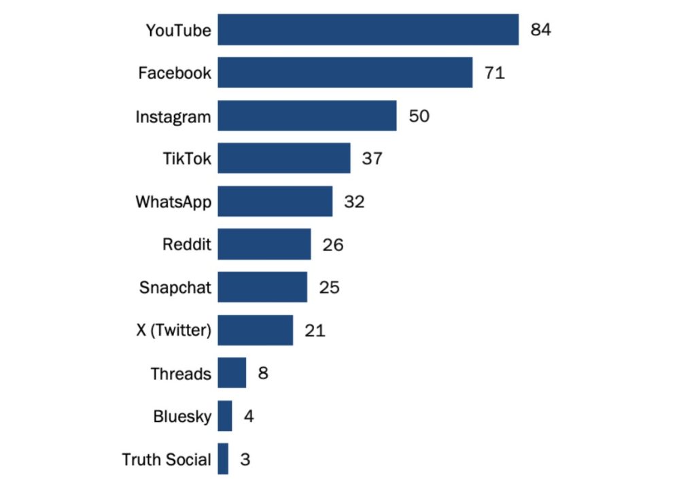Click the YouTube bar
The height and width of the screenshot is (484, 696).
[x=368, y=30]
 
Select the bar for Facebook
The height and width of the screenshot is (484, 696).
[x=345, y=73]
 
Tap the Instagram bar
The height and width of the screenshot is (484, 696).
[x=307, y=116]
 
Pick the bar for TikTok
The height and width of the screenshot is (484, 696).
[x=283, y=158]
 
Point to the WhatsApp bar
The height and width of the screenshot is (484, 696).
[x=275, y=201]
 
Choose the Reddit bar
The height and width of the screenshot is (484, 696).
[x=264, y=244]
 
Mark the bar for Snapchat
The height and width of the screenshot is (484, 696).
[x=262, y=288]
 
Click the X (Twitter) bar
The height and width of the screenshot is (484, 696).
[x=255, y=330]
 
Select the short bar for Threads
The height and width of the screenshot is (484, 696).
[x=232, y=373]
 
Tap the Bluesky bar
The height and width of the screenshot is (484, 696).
[x=225, y=416]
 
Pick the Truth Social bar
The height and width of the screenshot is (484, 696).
[x=223, y=459]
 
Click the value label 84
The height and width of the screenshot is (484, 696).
[x=540, y=30]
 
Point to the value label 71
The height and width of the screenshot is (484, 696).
[x=494, y=73]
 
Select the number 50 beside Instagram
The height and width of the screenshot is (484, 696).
[x=419, y=116]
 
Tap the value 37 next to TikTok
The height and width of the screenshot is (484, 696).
[x=372, y=158]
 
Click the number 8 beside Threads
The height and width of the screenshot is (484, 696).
[x=263, y=373]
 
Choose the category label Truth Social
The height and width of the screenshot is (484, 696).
[x=167, y=460]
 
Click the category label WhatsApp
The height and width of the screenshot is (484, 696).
[x=173, y=202]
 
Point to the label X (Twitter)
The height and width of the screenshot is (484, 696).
[x=173, y=331]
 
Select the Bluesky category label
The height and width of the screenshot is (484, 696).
[x=182, y=417]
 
